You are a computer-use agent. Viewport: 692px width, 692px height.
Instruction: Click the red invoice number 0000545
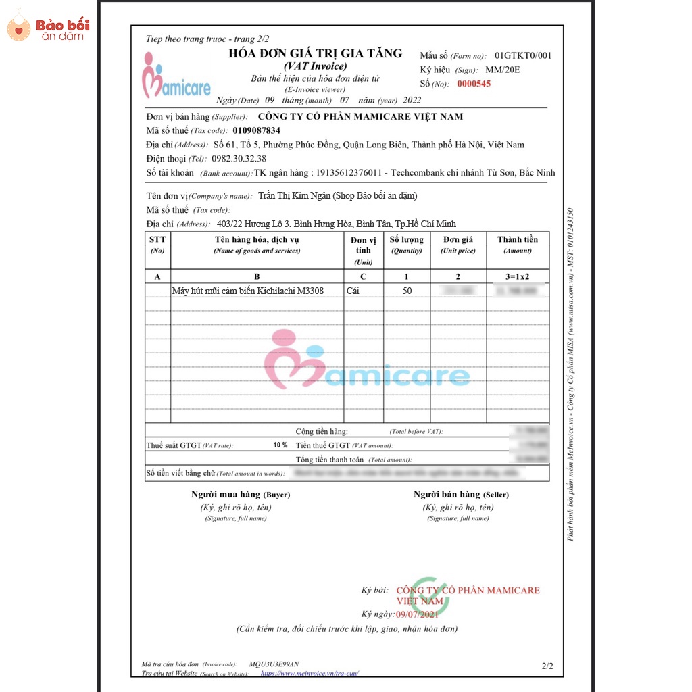tap(474, 84)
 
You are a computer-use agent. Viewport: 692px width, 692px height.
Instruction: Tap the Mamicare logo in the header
tap(176, 76)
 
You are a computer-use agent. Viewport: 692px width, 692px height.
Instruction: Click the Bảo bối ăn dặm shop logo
tap(47, 28)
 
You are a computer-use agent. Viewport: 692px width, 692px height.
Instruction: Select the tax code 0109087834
tap(256, 130)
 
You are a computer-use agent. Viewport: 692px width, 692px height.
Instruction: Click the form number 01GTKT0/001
tap(522, 55)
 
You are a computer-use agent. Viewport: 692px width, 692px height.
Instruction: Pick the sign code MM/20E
tap(502, 70)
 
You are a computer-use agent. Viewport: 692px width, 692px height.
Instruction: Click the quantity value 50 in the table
tap(407, 291)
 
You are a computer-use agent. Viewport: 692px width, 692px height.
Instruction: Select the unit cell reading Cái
tap(353, 291)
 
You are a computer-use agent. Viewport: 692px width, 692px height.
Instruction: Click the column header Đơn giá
tap(458, 240)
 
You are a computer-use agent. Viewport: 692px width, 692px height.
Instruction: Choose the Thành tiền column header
tap(518, 240)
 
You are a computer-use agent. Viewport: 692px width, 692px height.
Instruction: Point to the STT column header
tap(157, 239)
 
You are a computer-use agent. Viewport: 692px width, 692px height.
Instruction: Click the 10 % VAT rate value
tap(280, 445)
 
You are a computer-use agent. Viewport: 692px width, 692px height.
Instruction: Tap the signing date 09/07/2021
tap(418, 614)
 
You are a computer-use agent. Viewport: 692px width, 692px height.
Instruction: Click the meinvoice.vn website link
tap(310, 673)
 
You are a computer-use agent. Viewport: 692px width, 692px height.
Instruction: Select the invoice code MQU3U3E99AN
tap(274, 664)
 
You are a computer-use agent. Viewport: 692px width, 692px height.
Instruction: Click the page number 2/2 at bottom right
tap(547, 666)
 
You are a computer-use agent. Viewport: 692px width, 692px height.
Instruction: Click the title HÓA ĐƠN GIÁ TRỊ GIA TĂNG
tap(315, 53)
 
